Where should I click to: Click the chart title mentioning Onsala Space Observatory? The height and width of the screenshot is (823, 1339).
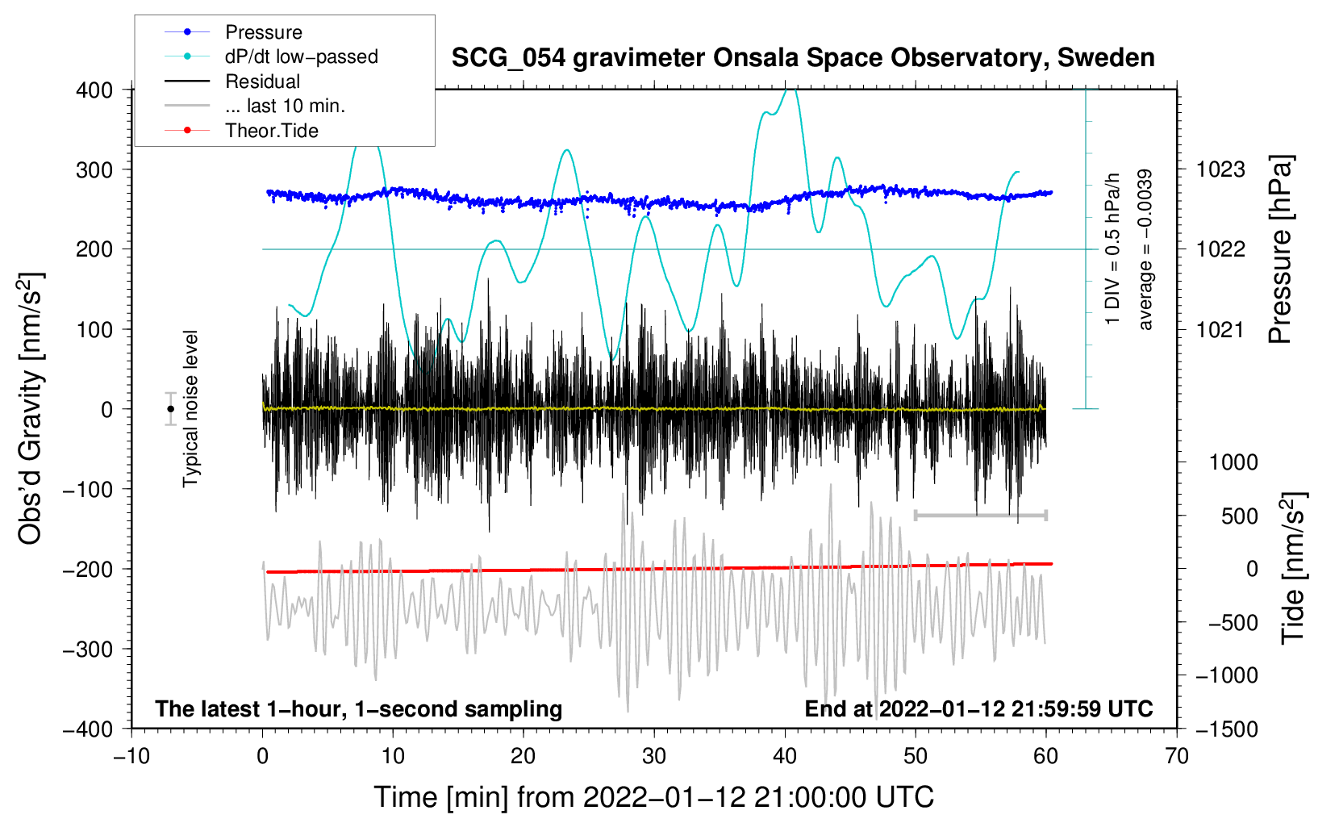coord(803,58)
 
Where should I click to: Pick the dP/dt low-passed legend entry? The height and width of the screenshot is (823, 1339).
coord(301,56)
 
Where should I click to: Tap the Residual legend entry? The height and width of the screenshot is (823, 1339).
coord(262,81)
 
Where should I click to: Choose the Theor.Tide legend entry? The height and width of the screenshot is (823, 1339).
coord(271,131)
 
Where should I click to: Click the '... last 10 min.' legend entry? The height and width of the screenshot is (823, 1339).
coord(285,106)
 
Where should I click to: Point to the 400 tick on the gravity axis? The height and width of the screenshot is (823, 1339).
coord(95,90)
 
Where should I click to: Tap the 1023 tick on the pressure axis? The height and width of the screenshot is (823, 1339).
coord(1220,169)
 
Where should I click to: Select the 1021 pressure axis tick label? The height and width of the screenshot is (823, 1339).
coord(1220,329)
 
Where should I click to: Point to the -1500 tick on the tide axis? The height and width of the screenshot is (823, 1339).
coord(1226,729)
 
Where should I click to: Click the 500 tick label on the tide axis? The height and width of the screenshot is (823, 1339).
coord(1239,516)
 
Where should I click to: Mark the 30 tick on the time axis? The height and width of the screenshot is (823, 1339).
coord(654,757)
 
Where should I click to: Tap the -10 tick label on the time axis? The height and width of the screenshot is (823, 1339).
coord(131,757)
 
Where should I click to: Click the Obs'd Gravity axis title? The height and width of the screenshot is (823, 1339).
coord(31,409)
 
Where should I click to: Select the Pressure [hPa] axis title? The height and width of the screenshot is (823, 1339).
coord(1280,250)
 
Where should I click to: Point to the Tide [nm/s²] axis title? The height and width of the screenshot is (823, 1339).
coord(1293,568)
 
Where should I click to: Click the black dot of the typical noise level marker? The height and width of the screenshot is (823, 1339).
coord(171,409)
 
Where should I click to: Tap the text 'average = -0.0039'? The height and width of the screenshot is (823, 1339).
coord(1145,250)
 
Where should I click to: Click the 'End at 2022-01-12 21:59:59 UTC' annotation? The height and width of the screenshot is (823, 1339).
coord(978,709)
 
